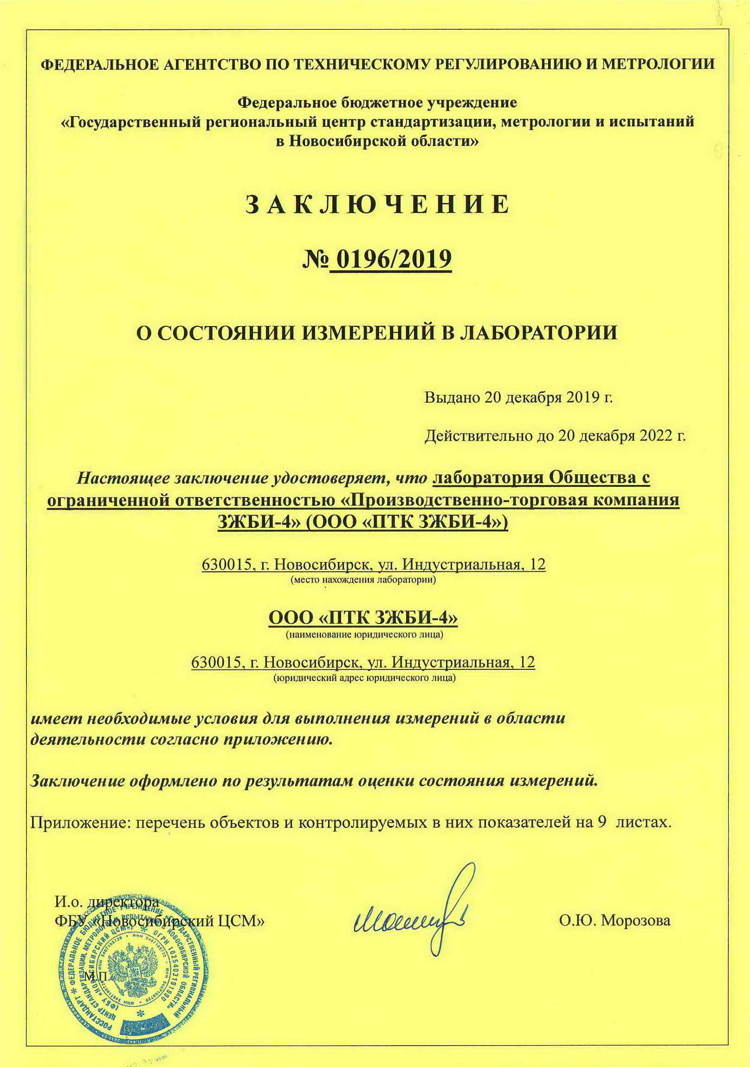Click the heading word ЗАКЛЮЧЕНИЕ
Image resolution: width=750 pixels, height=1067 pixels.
pyautogui.click(x=377, y=204)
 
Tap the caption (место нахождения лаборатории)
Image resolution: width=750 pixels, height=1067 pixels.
pyautogui.click(x=363, y=580)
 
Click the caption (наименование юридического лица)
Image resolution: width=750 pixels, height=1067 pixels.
pyautogui.click(x=364, y=635)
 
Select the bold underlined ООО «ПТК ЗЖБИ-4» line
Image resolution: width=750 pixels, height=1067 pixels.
pyautogui.click(x=363, y=618)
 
